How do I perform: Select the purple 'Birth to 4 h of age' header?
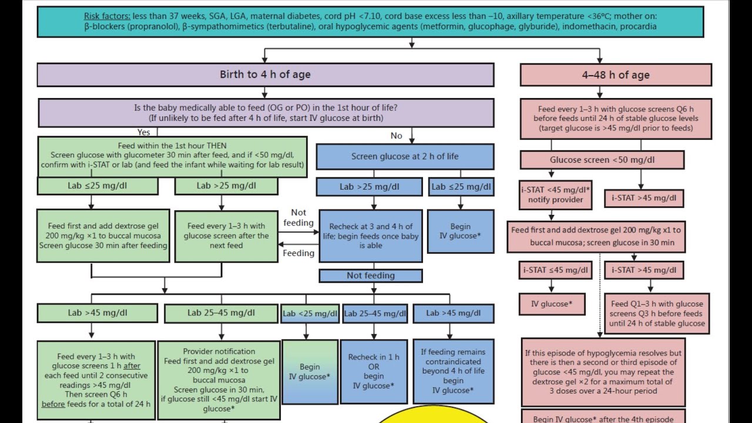coord(265,75)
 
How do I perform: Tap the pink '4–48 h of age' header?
coord(615,75)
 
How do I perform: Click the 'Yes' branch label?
coord(143,132)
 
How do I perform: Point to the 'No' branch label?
coord(397,136)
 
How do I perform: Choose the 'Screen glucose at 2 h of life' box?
coord(405,157)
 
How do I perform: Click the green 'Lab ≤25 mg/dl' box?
coord(98,186)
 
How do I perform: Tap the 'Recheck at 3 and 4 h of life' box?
coord(371,236)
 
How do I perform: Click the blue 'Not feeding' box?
coord(371,276)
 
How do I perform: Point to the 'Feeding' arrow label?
coord(298,253)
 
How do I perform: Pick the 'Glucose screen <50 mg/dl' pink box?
coord(602,160)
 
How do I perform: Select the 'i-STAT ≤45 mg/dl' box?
coord(552,270)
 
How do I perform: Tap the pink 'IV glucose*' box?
coord(552,304)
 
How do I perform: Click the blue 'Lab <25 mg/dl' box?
coord(310,314)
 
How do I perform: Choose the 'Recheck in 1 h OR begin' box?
coord(374,371)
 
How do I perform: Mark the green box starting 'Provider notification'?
coord(219,380)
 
